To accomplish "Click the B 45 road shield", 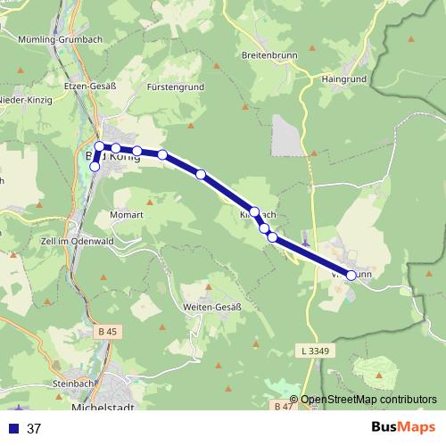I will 107,332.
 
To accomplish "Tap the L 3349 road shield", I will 316,351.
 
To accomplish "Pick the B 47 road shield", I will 282,406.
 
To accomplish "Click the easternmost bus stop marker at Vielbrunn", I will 351,276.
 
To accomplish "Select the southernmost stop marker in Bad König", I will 95,166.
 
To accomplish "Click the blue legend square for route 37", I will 13,428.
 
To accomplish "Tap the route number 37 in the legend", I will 34,428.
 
